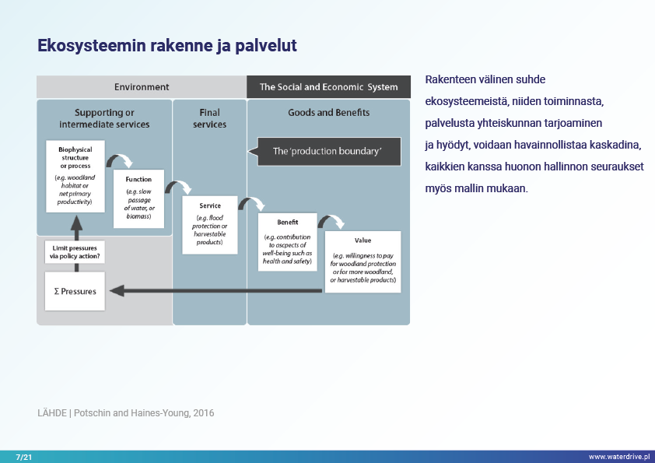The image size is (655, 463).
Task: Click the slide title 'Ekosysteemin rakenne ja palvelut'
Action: pos(166,46)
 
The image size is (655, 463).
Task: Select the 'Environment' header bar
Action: pos(142,87)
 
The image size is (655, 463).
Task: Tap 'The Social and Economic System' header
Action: pos(328,87)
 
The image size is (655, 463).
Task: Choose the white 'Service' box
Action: pos(209,224)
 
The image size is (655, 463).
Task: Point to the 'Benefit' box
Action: pos(288,241)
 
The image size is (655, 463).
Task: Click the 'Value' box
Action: pos(363,261)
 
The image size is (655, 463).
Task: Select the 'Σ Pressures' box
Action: pos(75,291)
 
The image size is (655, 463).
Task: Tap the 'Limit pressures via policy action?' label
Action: pos(75,251)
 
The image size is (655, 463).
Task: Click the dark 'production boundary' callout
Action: pos(327,151)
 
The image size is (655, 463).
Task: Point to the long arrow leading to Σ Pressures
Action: pos(218,291)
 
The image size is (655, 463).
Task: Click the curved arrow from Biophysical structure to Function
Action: pos(119,160)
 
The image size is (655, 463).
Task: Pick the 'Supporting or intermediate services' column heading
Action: pos(104,118)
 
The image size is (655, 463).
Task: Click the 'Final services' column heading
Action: pos(209,118)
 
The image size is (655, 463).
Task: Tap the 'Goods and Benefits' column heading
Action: pos(328,113)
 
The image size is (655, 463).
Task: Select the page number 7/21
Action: pos(23,456)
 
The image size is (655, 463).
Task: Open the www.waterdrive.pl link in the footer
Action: pos(618,456)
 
